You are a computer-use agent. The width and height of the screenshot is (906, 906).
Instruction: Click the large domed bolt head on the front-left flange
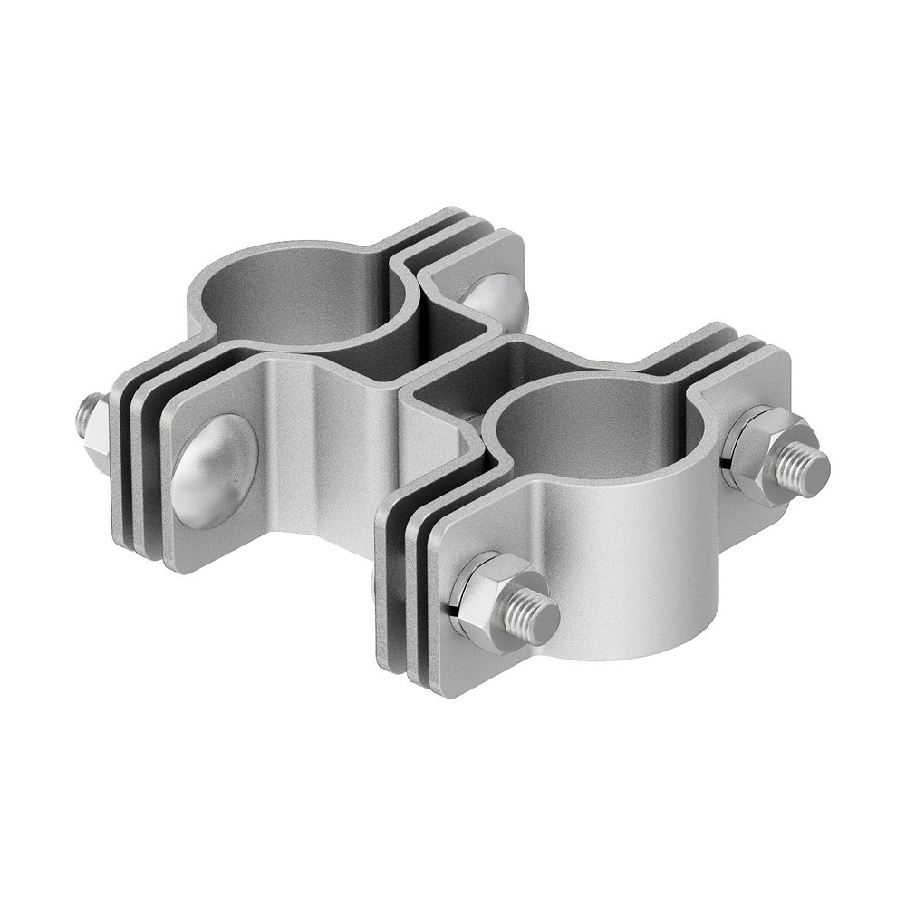215,471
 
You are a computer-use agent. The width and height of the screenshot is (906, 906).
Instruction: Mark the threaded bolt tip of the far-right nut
801,469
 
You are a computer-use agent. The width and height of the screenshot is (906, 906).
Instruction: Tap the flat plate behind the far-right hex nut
761,381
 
